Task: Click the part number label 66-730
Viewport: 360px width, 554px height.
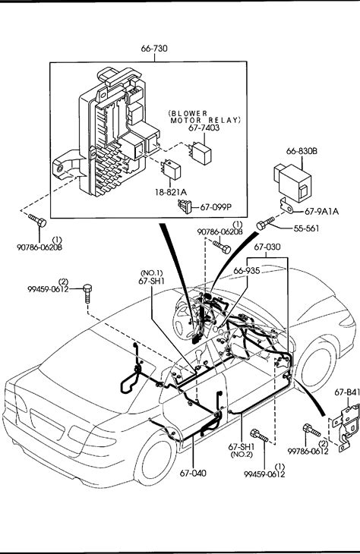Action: pyautogui.click(x=154, y=48)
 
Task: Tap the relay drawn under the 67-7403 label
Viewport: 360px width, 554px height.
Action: pyautogui.click(x=201, y=151)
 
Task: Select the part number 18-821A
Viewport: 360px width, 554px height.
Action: pyautogui.click(x=171, y=192)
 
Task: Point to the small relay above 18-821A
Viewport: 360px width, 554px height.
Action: pyautogui.click(x=171, y=169)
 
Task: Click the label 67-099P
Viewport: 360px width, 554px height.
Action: pyautogui.click(x=216, y=207)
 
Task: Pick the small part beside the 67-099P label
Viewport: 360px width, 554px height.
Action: pyautogui.click(x=185, y=206)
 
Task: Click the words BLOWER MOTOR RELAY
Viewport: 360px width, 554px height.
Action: pyautogui.click(x=205, y=117)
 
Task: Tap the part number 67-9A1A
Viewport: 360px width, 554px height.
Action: pyautogui.click(x=321, y=211)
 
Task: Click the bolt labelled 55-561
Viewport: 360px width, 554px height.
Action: pyautogui.click(x=265, y=223)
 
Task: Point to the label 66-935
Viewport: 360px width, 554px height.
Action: pyautogui.click(x=247, y=271)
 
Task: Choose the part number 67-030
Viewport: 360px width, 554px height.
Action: pyautogui.click(x=267, y=247)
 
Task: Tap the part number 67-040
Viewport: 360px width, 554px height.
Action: pyautogui.click(x=193, y=473)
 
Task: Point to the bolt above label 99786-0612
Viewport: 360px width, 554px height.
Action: pyautogui.click(x=311, y=430)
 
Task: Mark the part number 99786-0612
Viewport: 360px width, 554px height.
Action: pyautogui.click(x=308, y=452)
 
